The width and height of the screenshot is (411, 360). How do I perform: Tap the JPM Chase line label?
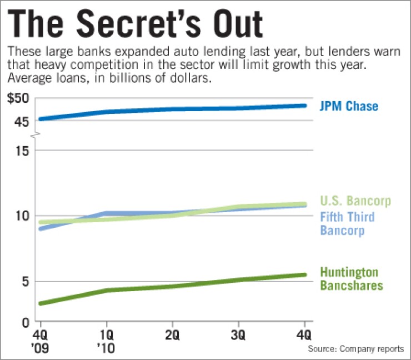[x=349, y=106]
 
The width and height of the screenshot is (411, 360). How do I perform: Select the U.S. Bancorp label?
[x=355, y=201]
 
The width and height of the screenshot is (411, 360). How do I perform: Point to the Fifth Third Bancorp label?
[x=348, y=223]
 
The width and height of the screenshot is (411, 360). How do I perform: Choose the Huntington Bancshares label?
[x=352, y=279]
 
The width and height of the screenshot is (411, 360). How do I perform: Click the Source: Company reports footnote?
[x=356, y=349]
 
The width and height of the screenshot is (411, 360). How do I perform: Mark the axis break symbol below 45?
[x=36, y=135]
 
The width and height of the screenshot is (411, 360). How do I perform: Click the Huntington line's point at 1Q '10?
[x=107, y=290]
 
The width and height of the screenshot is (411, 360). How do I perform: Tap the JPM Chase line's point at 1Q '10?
[x=107, y=112]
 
